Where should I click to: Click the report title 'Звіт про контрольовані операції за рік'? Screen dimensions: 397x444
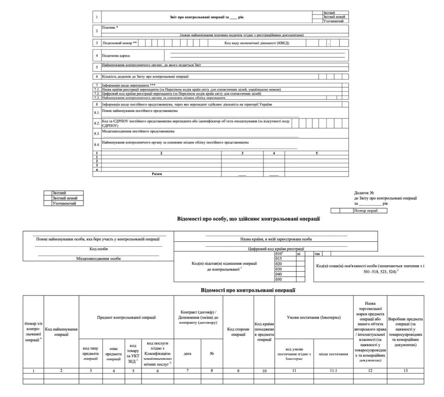[207, 17]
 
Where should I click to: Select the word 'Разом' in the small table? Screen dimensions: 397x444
[157, 174]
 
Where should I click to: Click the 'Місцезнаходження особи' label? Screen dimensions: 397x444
[98, 258]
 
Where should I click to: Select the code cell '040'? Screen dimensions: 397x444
[278, 274]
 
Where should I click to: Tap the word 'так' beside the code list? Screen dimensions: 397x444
[317, 254]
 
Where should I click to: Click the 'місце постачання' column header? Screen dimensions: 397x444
[333, 354]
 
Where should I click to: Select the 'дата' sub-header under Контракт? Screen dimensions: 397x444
[187, 353]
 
